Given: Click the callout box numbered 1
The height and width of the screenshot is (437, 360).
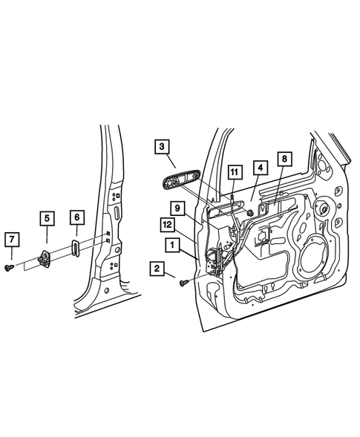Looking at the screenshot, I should click(171, 244).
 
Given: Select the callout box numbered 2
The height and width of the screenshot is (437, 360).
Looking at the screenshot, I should click(157, 269).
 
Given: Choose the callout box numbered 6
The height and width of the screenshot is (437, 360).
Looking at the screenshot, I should click(77, 217).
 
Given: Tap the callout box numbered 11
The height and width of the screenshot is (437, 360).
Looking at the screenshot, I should click(235, 174).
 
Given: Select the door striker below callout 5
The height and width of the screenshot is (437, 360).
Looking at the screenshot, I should click(46, 257).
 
